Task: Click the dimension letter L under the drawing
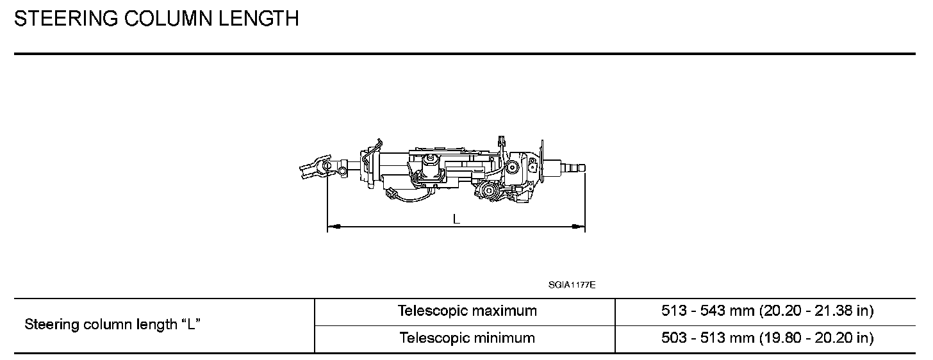point(456,219)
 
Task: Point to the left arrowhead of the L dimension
point(331,226)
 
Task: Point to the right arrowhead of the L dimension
point(581,226)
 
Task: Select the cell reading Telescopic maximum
point(467,311)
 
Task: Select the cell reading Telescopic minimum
point(467,338)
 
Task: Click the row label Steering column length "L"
point(113,325)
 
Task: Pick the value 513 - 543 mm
point(707,311)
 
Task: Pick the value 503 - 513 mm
point(707,338)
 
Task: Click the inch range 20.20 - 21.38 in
point(816,311)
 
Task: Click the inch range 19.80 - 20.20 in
point(816,338)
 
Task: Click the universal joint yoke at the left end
point(312,168)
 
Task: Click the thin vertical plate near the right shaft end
point(542,160)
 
